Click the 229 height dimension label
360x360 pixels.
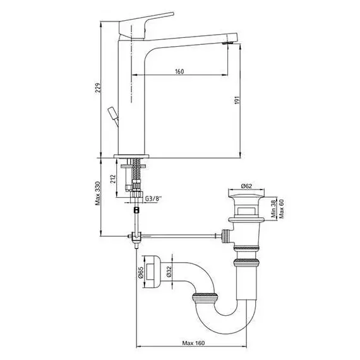98,88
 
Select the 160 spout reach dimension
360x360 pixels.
179,71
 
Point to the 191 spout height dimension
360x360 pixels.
237,100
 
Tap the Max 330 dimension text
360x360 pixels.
98,193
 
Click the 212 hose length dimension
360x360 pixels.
112,179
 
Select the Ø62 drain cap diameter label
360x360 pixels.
246,186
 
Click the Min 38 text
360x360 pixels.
273,209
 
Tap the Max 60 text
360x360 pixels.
282,208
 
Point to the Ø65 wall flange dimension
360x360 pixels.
140,272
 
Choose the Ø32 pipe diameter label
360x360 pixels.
169,272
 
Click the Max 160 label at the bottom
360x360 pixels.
193,343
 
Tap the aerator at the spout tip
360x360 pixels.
229,43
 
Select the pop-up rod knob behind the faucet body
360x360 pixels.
113,113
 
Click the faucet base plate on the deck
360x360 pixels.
131,157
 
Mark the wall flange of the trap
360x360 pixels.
152,272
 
